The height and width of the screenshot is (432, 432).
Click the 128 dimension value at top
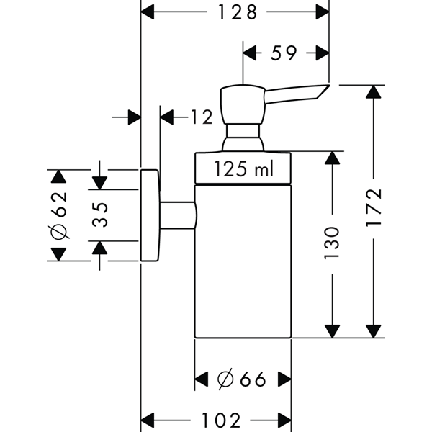238,12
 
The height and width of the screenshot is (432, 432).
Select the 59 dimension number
284,53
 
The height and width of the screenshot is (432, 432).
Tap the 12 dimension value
202,117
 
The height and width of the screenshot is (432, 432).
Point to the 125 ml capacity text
243,168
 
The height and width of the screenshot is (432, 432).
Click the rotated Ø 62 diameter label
59,215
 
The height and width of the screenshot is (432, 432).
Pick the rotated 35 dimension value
100,215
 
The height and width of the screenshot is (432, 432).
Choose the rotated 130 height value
331,243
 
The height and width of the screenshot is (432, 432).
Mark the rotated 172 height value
373,208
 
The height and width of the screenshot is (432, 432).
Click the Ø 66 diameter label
242,379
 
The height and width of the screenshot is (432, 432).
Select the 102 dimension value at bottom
221,420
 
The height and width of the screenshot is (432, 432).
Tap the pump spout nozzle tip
328,86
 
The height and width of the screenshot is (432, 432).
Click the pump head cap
243,104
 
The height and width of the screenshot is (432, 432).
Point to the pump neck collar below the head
243,130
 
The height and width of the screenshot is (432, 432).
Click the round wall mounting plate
150,215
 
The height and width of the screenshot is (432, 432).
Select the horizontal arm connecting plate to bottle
178,215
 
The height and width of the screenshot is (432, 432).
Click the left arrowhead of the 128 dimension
148,12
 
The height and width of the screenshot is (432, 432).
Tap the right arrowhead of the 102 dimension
284,420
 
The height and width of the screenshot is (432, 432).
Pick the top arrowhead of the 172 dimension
373,92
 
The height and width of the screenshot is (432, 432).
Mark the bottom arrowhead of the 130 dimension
332,331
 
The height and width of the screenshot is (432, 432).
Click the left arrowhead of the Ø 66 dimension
202,379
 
